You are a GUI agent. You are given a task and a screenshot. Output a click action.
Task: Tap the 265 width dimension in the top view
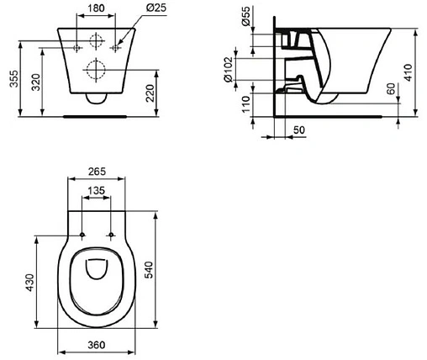click(98, 174)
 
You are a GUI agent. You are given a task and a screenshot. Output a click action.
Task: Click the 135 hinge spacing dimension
click(98, 191)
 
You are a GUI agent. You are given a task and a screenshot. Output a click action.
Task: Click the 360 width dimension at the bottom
click(98, 345)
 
